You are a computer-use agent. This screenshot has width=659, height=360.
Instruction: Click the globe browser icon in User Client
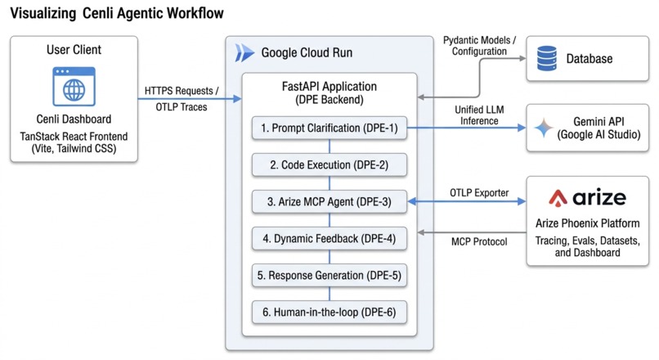74,87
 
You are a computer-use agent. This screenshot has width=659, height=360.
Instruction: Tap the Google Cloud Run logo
244,53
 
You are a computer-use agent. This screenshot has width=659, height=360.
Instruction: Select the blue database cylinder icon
547,58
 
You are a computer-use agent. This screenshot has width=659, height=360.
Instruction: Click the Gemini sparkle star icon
544,128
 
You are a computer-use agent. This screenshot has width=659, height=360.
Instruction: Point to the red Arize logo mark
558,198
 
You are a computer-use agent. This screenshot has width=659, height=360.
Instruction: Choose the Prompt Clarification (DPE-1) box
329,128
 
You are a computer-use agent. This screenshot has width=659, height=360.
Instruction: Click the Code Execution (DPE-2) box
329,164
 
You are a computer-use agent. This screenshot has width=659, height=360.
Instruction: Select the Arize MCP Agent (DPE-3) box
329,202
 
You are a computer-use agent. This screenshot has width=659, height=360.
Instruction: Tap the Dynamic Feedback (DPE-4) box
329,238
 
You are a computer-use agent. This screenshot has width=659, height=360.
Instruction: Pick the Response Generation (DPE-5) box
329,276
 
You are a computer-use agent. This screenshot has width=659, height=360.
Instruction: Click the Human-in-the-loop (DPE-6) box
329,313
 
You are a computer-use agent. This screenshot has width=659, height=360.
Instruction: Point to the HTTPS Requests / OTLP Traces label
182,99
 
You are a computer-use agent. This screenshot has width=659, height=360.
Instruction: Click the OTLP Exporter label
479,192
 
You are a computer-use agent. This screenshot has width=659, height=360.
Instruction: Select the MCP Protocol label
479,242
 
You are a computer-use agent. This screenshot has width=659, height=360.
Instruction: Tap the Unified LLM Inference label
479,115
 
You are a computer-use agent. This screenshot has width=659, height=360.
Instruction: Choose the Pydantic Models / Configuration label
480,46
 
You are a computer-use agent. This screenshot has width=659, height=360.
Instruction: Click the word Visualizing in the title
43,13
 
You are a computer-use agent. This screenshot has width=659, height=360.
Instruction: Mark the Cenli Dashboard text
74,119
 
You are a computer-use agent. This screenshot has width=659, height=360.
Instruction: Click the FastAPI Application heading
329,86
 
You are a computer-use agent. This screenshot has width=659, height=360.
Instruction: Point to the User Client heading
74,50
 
